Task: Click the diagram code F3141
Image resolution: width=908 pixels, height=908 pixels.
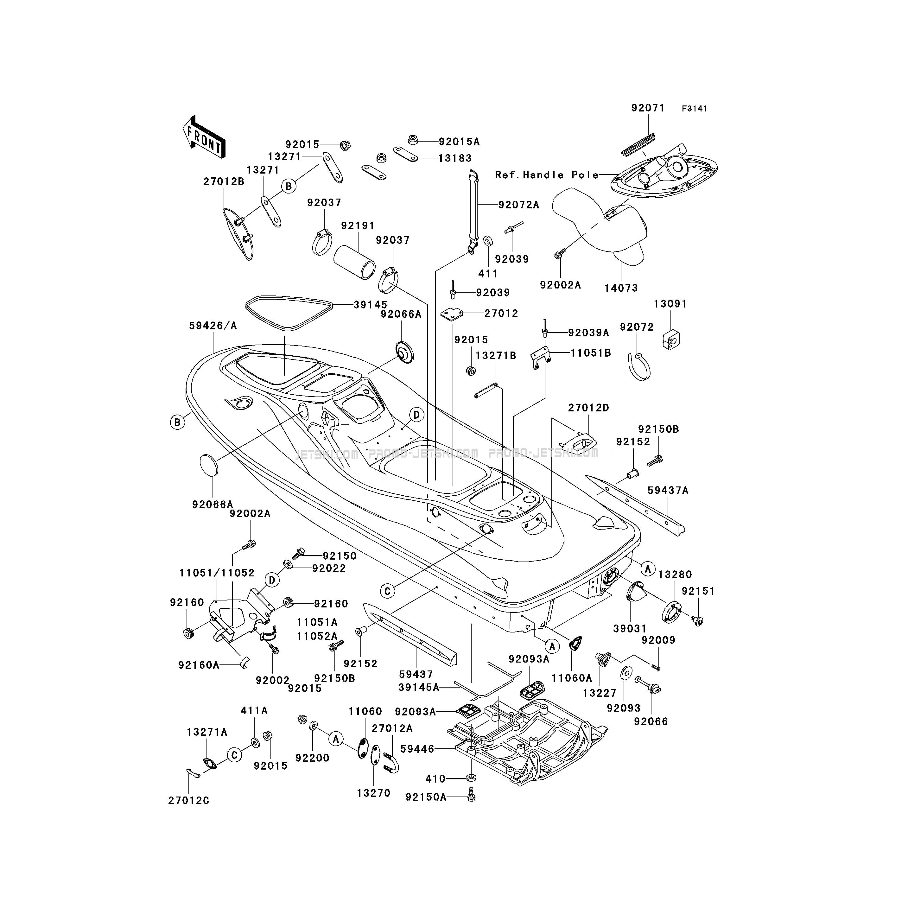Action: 694,109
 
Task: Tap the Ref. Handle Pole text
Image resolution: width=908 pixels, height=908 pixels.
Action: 547,175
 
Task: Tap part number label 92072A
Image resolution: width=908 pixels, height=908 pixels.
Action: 519,205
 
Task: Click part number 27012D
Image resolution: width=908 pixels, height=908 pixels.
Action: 588,408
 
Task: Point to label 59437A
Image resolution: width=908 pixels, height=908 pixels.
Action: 668,490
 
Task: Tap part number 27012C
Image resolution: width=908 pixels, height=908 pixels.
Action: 189,800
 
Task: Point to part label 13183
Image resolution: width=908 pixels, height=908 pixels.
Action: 455,158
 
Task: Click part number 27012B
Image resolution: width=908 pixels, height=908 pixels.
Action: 224,181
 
